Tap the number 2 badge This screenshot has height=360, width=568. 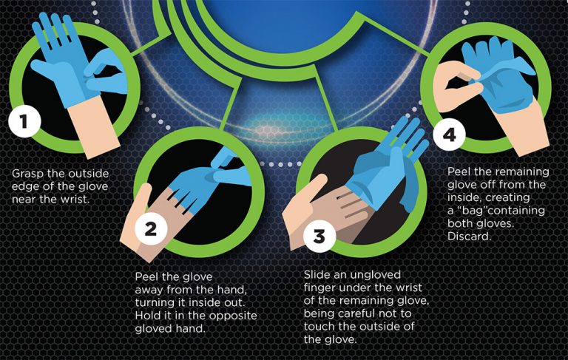[151, 229]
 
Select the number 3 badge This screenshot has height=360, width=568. [319, 237]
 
